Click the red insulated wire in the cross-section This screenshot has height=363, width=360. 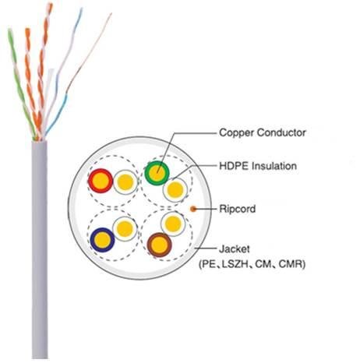(101, 181)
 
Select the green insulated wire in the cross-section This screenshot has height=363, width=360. (157, 173)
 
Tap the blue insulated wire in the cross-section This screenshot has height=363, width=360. (102, 240)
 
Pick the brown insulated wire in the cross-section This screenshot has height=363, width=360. (159, 245)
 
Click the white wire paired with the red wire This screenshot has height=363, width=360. (125, 182)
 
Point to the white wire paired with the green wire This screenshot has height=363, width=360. (175, 190)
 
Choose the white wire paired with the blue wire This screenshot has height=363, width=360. (125, 229)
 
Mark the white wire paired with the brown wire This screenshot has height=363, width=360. (173, 224)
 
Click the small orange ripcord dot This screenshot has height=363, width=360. (193, 209)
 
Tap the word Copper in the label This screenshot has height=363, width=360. (236, 133)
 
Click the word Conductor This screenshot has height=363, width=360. (281, 132)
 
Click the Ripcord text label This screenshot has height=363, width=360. (238, 209)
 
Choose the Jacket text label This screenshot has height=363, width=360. (235, 249)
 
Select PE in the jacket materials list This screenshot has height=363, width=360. (209, 264)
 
